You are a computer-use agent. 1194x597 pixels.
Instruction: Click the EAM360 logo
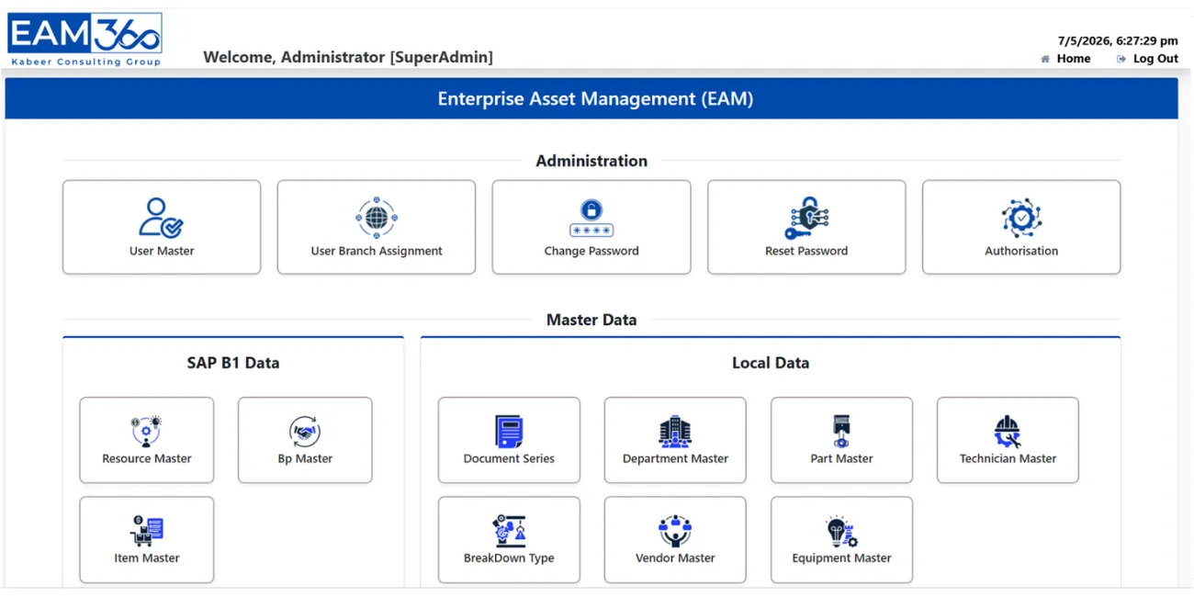(84, 39)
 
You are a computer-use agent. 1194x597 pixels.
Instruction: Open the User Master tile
(162, 227)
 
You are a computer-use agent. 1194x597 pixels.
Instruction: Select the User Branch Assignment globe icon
(377, 218)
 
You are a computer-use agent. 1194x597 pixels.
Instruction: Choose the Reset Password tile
(806, 227)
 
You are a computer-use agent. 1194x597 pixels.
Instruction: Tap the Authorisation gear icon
(1021, 218)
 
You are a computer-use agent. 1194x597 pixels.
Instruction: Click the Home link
(1073, 59)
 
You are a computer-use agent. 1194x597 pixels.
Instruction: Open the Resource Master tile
(147, 440)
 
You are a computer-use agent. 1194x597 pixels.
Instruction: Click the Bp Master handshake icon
(305, 432)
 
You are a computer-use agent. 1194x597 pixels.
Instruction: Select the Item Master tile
(147, 539)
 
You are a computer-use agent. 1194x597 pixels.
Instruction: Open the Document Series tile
(509, 440)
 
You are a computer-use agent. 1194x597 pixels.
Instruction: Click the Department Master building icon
(675, 432)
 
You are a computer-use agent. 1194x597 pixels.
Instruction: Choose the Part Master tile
(841, 440)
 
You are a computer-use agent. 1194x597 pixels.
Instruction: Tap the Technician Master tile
(1008, 440)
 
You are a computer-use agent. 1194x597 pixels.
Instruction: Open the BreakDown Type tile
(509, 539)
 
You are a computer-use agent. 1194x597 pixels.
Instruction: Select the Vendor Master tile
(675, 539)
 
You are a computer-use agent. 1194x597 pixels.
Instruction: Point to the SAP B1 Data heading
(233, 363)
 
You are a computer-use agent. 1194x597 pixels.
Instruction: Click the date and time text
(1118, 41)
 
